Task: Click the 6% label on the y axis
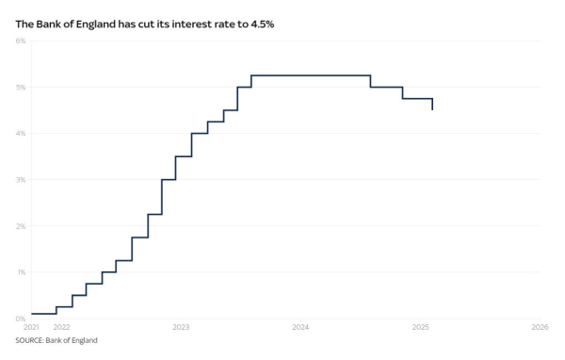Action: coord(21,41)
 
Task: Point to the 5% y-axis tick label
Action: coord(21,87)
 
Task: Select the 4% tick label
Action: coord(21,133)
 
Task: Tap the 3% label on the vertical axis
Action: coord(21,179)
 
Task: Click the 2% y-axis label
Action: coord(21,226)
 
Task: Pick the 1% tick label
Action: coord(21,272)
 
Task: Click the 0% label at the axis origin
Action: coord(21,319)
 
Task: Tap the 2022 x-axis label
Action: coord(61,328)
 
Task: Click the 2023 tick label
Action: coord(181,328)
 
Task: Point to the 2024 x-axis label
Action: coord(300,328)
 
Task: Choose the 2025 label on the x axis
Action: coord(420,328)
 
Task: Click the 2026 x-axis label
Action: coord(540,328)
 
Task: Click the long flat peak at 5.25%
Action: coord(311,75)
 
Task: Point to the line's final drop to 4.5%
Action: coord(432,105)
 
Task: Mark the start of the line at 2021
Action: coord(32,313)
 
